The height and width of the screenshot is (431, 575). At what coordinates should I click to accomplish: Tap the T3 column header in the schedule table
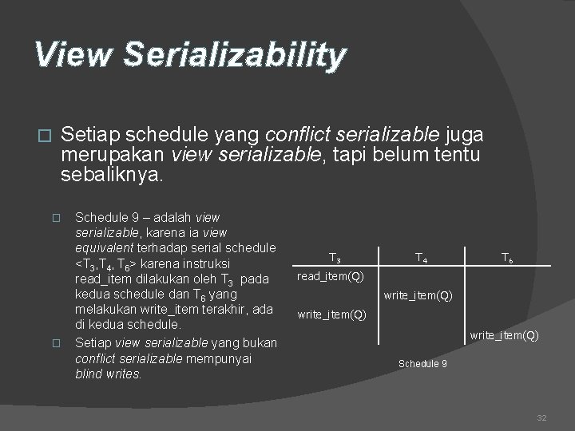335,259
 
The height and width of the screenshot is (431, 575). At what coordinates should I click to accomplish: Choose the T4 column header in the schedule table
421,258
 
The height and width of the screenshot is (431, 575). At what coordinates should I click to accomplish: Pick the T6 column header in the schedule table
506,258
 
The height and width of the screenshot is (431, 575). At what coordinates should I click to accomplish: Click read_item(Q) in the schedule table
330,277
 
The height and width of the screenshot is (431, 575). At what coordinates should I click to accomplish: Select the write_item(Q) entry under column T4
418,295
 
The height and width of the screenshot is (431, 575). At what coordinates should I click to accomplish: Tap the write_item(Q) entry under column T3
331,314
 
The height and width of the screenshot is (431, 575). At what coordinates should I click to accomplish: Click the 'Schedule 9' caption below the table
422,364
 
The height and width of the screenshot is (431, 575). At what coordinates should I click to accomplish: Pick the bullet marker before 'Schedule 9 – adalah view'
55,218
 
